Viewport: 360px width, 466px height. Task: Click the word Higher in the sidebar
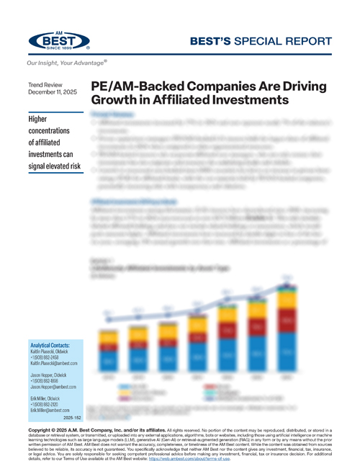click(x=42, y=119)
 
